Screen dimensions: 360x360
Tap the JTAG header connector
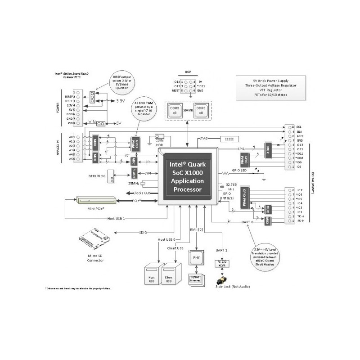coord(229,138)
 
